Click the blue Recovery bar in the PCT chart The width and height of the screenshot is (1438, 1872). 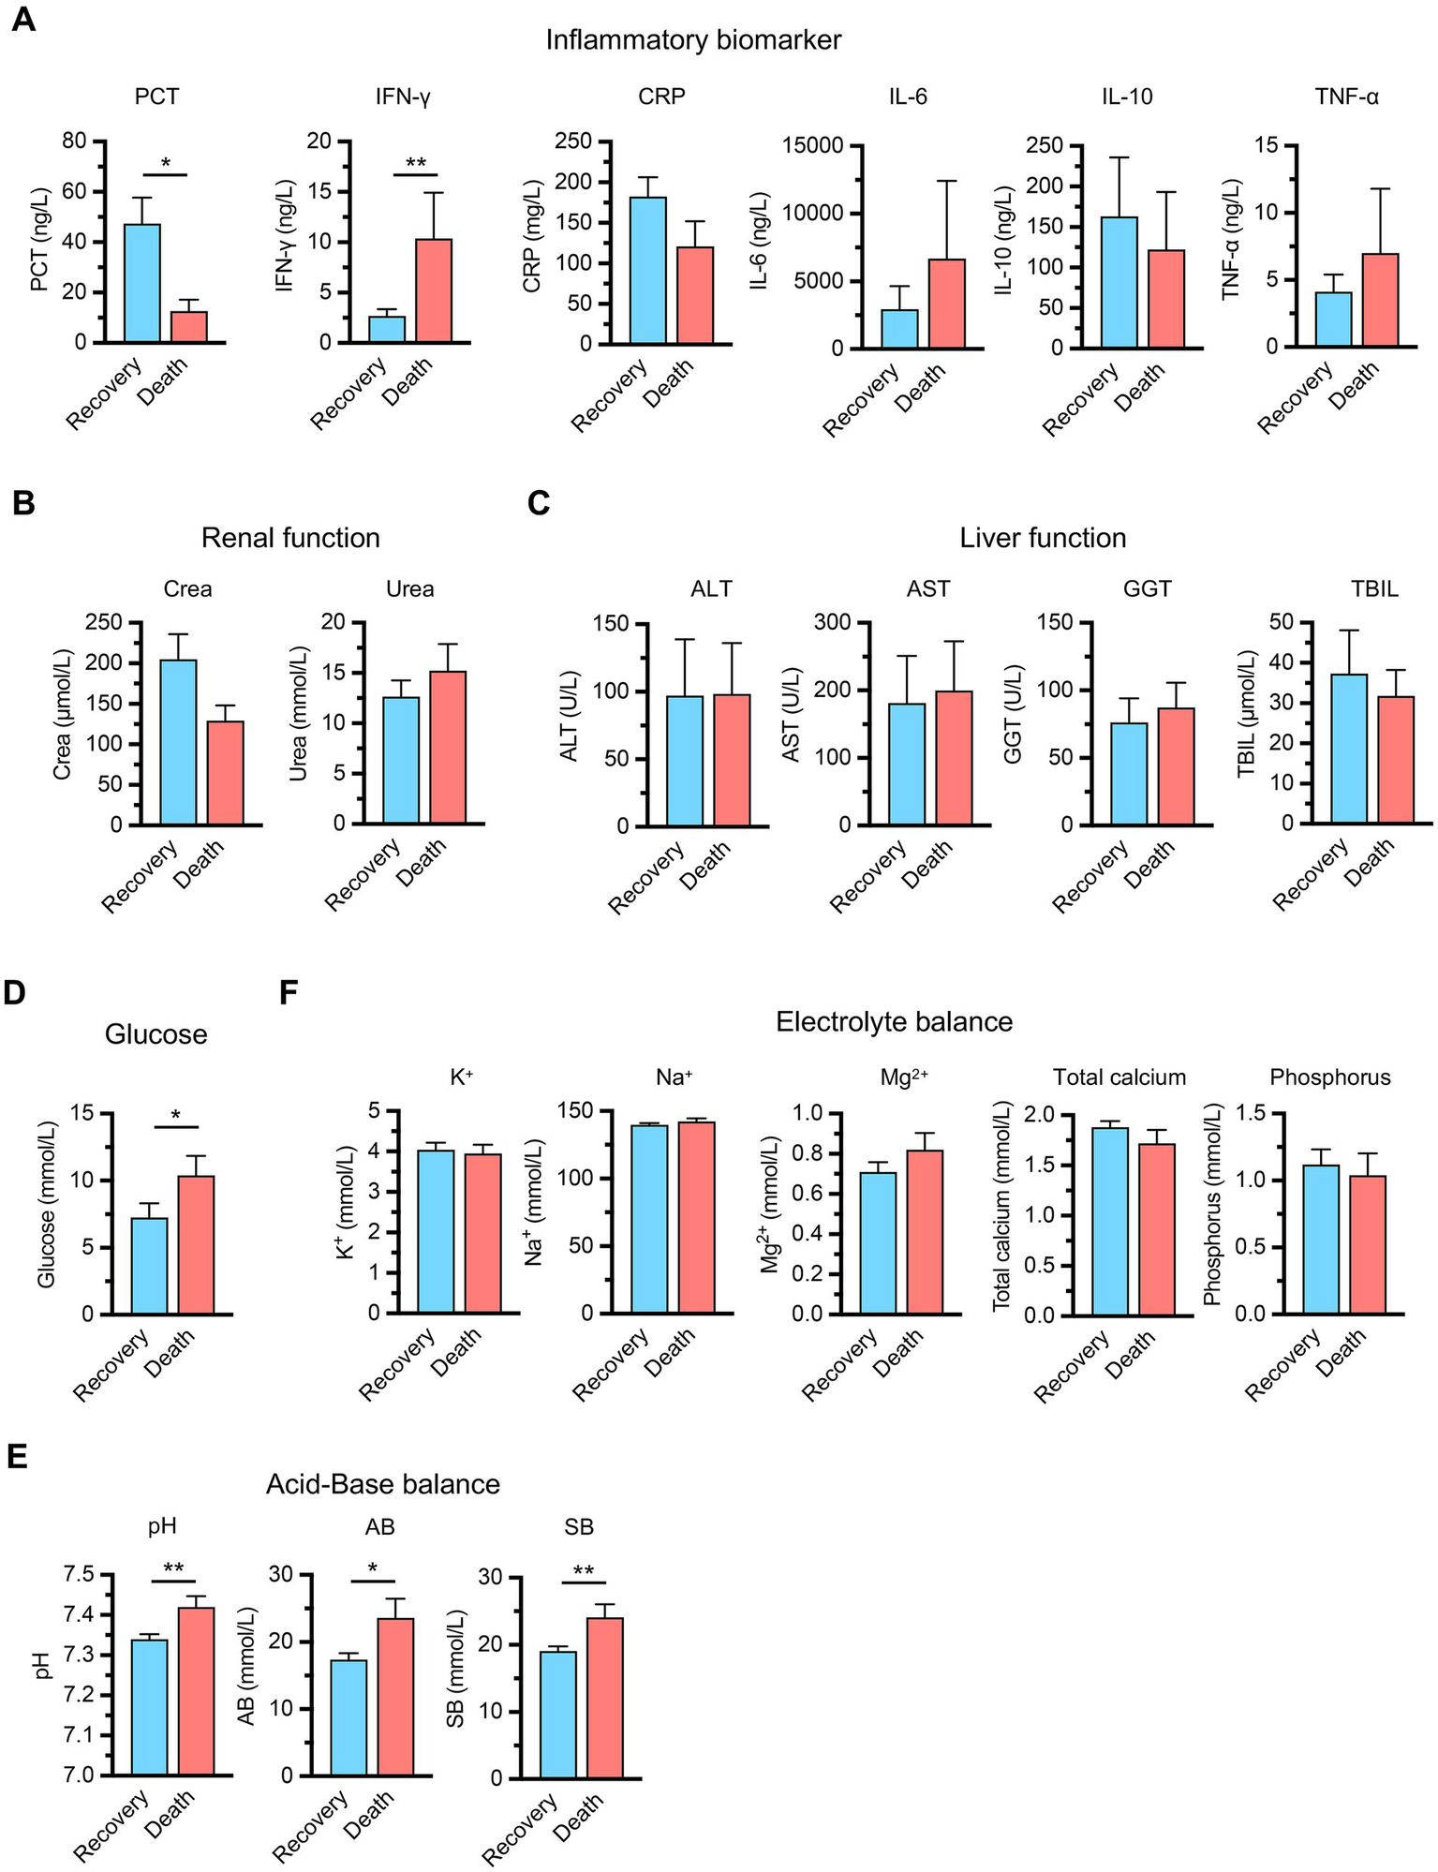tap(142, 284)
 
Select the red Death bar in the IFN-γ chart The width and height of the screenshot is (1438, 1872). tap(434, 291)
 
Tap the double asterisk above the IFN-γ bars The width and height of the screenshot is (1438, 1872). tap(416, 164)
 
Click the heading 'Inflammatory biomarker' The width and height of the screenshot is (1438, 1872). tap(693, 40)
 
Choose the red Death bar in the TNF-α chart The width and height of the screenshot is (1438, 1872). tap(1380, 300)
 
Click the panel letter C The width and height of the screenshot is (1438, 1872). tap(538, 503)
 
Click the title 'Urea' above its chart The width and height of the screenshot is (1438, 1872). tap(409, 589)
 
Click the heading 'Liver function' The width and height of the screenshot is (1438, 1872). tap(1042, 538)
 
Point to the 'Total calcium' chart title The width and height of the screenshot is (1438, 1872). tap(1119, 1077)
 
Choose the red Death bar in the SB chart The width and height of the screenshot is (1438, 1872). tap(604, 1697)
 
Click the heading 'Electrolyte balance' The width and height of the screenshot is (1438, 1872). tap(894, 1021)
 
